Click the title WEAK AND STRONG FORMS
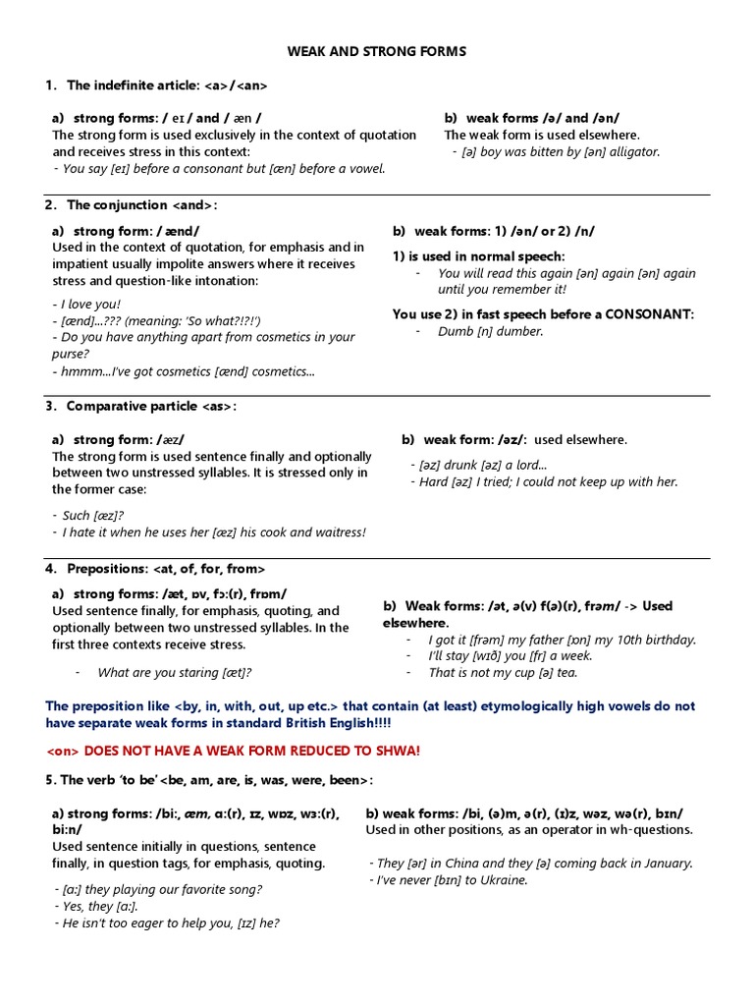[x=377, y=50]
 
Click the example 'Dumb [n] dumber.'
[x=490, y=331]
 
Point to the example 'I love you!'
[x=86, y=305]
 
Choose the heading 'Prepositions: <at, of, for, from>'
[x=165, y=569]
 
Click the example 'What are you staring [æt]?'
[x=175, y=672]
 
